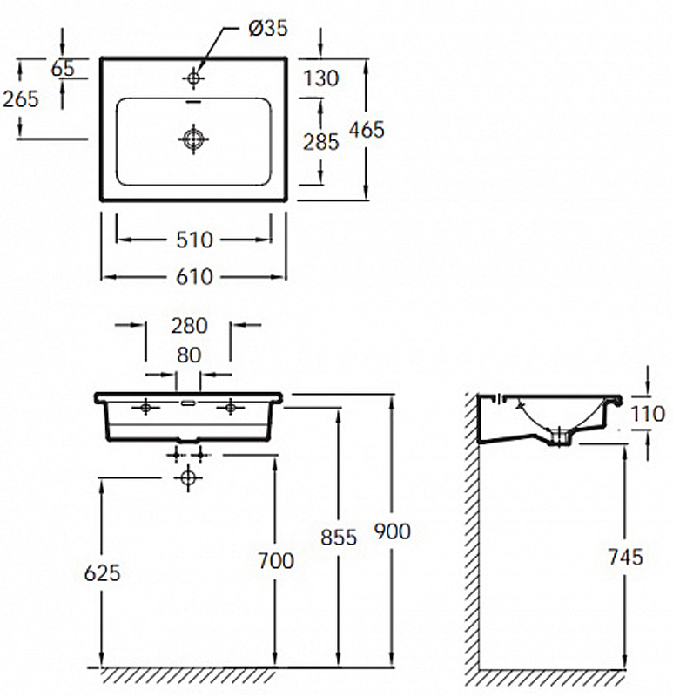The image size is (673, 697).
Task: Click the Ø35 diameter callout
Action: click(x=268, y=28)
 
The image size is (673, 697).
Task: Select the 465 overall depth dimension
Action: click(x=367, y=130)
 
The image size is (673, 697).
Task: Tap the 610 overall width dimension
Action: click(x=194, y=277)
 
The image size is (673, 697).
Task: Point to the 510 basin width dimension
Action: click(x=194, y=240)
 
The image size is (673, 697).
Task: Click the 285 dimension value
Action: click(x=320, y=142)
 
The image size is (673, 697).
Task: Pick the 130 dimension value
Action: click(x=320, y=78)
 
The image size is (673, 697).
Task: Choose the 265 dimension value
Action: click(x=21, y=98)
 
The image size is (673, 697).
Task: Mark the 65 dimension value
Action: click(x=63, y=69)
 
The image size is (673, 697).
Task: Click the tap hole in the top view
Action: click(x=193, y=78)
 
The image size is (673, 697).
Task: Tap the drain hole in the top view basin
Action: click(x=193, y=139)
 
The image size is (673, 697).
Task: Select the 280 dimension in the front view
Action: click(x=189, y=326)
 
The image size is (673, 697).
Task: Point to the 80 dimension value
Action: click(x=189, y=355)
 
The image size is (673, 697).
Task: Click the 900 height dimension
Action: click(x=393, y=531)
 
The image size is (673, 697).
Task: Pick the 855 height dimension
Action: click(x=339, y=538)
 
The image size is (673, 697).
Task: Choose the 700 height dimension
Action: click(x=276, y=560)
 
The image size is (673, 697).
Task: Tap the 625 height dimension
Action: click(x=102, y=573)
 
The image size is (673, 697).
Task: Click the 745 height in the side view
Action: click(x=625, y=557)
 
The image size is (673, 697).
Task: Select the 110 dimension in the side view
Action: click(x=648, y=415)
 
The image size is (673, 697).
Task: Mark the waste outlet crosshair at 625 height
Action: click(x=188, y=477)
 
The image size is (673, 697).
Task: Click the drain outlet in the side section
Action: click(x=560, y=436)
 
